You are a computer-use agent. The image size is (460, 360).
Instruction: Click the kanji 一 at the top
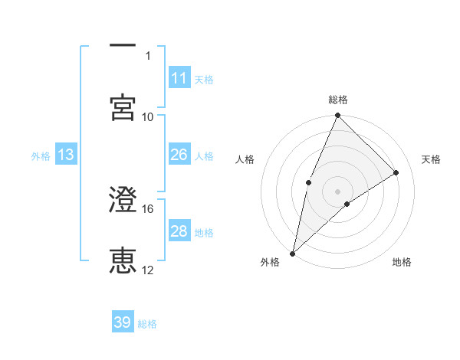(123, 46)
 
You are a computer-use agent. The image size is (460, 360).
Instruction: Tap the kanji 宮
(123, 107)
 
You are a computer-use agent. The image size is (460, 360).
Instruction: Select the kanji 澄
(123, 201)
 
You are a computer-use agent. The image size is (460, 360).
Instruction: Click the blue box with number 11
(179, 78)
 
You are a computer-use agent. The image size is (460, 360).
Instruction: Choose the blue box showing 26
(179, 155)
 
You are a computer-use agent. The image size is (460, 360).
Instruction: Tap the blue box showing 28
(179, 231)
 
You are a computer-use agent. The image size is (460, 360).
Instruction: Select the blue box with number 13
(66, 155)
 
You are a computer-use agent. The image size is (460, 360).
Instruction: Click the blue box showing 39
(123, 322)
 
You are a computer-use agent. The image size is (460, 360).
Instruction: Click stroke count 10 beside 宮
(148, 116)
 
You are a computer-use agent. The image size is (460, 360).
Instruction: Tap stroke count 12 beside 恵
(148, 270)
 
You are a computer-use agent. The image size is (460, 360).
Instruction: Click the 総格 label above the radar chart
(338, 100)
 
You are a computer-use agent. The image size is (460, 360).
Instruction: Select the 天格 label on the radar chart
(432, 159)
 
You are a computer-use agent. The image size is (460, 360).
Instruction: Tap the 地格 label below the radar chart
(402, 262)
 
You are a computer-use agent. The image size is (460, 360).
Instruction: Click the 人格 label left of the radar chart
(245, 159)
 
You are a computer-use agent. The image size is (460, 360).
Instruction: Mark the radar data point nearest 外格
(292, 253)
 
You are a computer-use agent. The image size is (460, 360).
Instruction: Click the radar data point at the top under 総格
(338, 116)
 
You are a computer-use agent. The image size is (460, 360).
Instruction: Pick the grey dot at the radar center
(338, 190)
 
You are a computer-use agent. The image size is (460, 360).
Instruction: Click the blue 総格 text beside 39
(148, 324)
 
